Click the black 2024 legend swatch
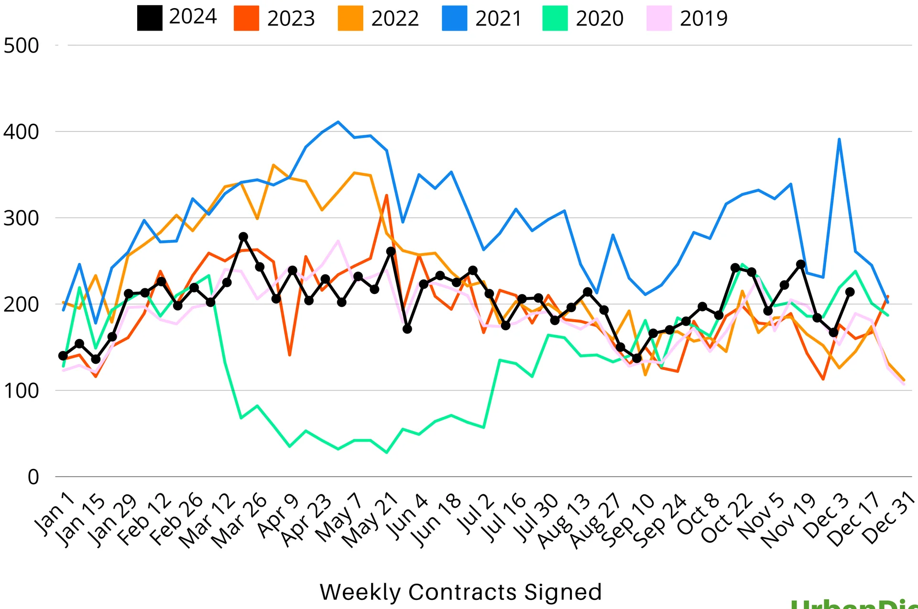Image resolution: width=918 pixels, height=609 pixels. [x=150, y=18]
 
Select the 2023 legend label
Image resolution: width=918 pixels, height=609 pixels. [x=291, y=19]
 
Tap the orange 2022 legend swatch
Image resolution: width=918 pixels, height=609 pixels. [x=350, y=18]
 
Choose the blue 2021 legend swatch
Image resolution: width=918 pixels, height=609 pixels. [x=454, y=18]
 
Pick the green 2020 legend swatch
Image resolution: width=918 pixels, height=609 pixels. [x=555, y=18]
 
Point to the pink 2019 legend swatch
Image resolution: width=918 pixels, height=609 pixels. [x=659, y=18]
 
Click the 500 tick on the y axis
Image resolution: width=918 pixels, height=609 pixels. [x=22, y=46]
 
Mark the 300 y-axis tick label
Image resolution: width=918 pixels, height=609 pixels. [x=22, y=218]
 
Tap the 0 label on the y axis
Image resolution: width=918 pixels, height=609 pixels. [x=33, y=477]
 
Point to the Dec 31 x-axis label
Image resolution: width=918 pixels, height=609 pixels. [x=888, y=519]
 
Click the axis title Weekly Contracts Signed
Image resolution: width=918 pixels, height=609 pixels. [x=460, y=592]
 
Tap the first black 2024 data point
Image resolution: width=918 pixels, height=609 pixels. [x=63, y=356]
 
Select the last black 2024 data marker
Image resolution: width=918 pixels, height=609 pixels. [x=850, y=292]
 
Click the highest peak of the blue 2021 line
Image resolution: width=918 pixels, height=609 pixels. [x=339, y=122]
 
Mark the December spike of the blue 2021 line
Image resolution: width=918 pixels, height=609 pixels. [x=839, y=139]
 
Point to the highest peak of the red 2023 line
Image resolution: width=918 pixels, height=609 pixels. [x=387, y=195]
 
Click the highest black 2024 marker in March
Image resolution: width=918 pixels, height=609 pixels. [x=243, y=237]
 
